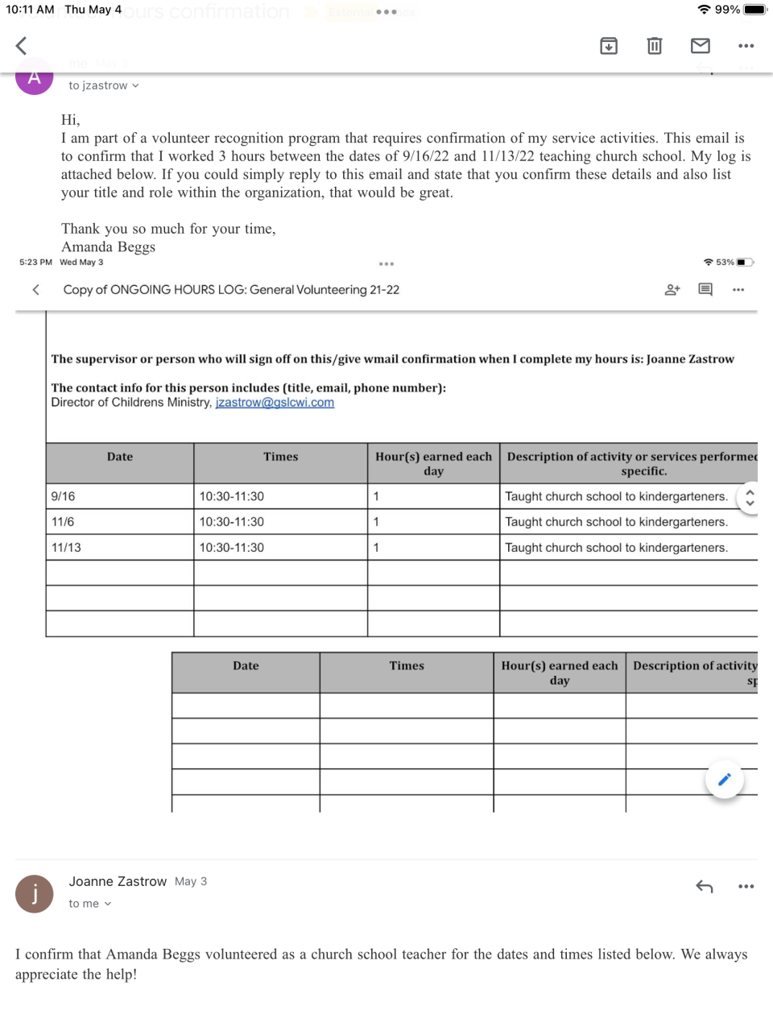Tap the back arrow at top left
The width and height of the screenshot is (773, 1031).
pyautogui.click(x=22, y=46)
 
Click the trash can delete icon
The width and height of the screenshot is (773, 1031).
pyautogui.click(x=655, y=46)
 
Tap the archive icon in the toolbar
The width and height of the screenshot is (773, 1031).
pyautogui.click(x=609, y=46)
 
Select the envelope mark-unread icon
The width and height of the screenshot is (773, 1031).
pyautogui.click(x=701, y=46)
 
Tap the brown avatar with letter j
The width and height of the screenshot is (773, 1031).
pyautogui.click(x=35, y=894)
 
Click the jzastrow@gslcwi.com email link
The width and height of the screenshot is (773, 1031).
pyautogui.click(x=275, y=403)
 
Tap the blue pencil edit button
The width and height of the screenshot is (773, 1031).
pyautogui.click(x=724, y=779)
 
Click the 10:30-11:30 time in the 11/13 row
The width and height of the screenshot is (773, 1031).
pyautogui.click(x=232, y=548)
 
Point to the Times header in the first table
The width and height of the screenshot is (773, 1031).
pyautogui.click(x=280, y=457)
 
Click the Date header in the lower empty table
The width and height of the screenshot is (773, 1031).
pyautogui.click(x=246, y=666)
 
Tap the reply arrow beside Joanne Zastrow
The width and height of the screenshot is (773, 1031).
pyautogui.click(x=705, y=887)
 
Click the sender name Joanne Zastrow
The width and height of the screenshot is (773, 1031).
pyautogui.click(x=118, y=881)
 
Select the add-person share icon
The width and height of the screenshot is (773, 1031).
pyautogui.click(x=672, y=290)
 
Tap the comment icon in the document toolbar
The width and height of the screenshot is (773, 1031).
pyautogui.click(x=705, y=290)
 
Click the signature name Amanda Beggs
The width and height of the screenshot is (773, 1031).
pyautogui.click(x=108, y=247)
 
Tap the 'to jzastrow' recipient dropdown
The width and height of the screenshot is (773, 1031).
pyautogui.click(x=103, y=85)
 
